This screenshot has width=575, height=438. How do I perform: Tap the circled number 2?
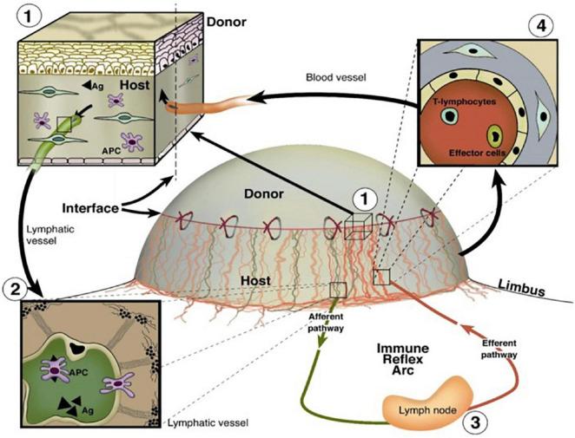[x=17, y=286]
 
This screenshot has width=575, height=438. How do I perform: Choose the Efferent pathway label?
[x=499, y=348]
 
